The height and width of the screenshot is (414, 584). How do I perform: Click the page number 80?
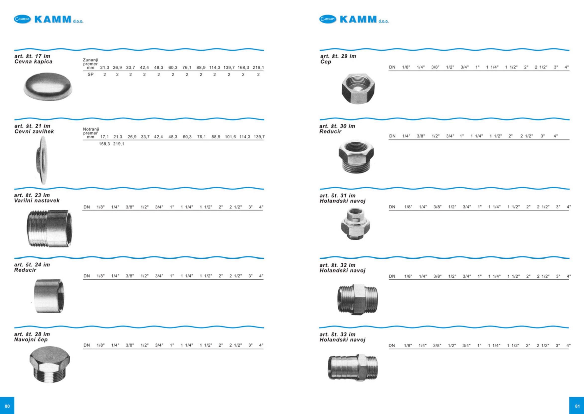pos(7,406)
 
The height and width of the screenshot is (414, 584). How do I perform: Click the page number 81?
pos(577,406)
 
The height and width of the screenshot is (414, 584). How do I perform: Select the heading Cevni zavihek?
pos(34,131)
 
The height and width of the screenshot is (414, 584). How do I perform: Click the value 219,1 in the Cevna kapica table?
pos(258,68)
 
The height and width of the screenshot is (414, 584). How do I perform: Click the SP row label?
pos(90,75)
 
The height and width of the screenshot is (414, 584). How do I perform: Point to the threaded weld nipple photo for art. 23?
pos(49,228)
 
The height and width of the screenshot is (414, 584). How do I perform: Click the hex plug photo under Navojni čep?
pos(49,367)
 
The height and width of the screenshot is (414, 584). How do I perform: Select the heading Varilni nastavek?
pos(37,201)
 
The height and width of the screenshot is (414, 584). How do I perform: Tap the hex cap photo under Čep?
pos(358,88)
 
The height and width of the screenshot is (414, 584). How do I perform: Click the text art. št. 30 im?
pos(337,126)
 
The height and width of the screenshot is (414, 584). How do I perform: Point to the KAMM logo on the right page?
pos(354,19)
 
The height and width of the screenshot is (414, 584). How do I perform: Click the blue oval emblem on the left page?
pos(22,19)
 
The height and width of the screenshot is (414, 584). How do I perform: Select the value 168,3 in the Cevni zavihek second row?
pos(104,144)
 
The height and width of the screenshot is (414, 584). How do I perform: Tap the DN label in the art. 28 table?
pos(87,345)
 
